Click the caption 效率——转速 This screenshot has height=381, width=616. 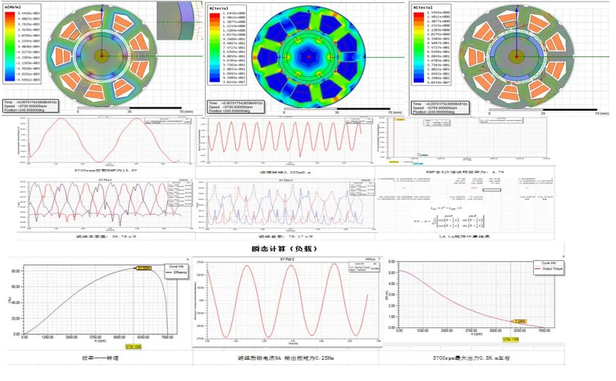tap(97, 358)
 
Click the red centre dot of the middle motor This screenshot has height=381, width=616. tap(310, 56)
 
